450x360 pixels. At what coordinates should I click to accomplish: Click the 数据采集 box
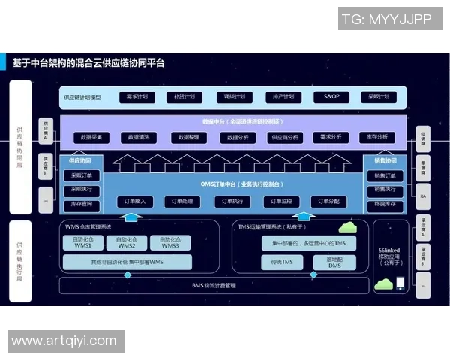click(92, 137)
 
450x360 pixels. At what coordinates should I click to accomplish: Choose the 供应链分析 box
click(283, 137)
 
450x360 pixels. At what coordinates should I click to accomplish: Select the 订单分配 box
click(329, 202)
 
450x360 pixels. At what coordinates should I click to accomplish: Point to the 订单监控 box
click(281, 202)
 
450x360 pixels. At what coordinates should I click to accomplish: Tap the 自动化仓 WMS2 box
click(126, 243)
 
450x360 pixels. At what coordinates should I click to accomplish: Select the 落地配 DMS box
click(334, 262)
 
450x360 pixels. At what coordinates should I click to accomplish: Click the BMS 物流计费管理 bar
click(214, 285)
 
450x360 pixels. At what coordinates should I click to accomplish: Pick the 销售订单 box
click(385, 176)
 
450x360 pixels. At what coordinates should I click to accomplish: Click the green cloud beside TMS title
click(347, 226)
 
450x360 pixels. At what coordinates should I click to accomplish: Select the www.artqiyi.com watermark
click(64, 341)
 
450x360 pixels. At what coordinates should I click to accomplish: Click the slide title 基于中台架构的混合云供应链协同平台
click(88, 64)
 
